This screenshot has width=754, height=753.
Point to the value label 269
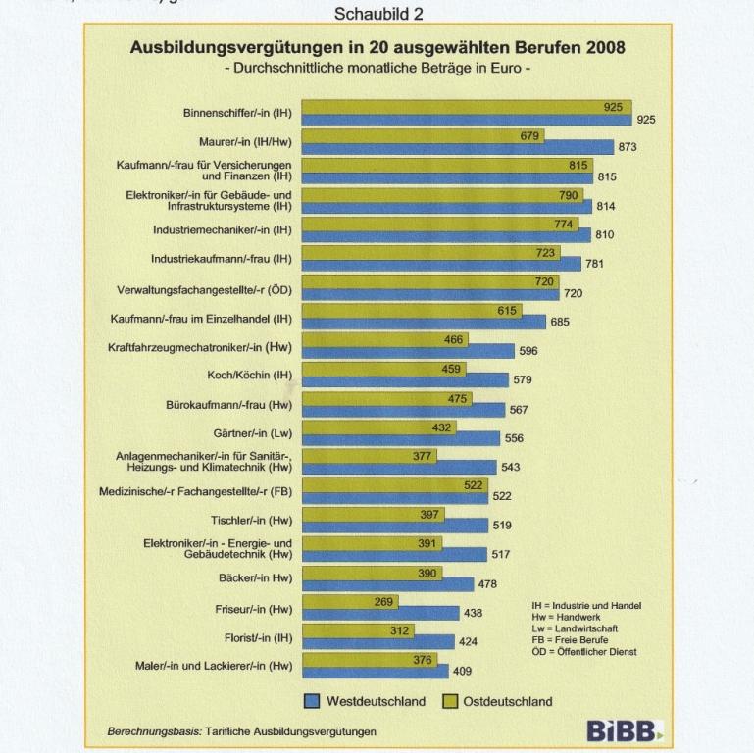385,601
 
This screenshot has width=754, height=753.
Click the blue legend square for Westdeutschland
310,701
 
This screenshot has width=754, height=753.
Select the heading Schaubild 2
377,15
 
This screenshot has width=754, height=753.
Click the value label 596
528,350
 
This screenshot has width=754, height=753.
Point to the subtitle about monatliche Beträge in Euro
377,69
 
